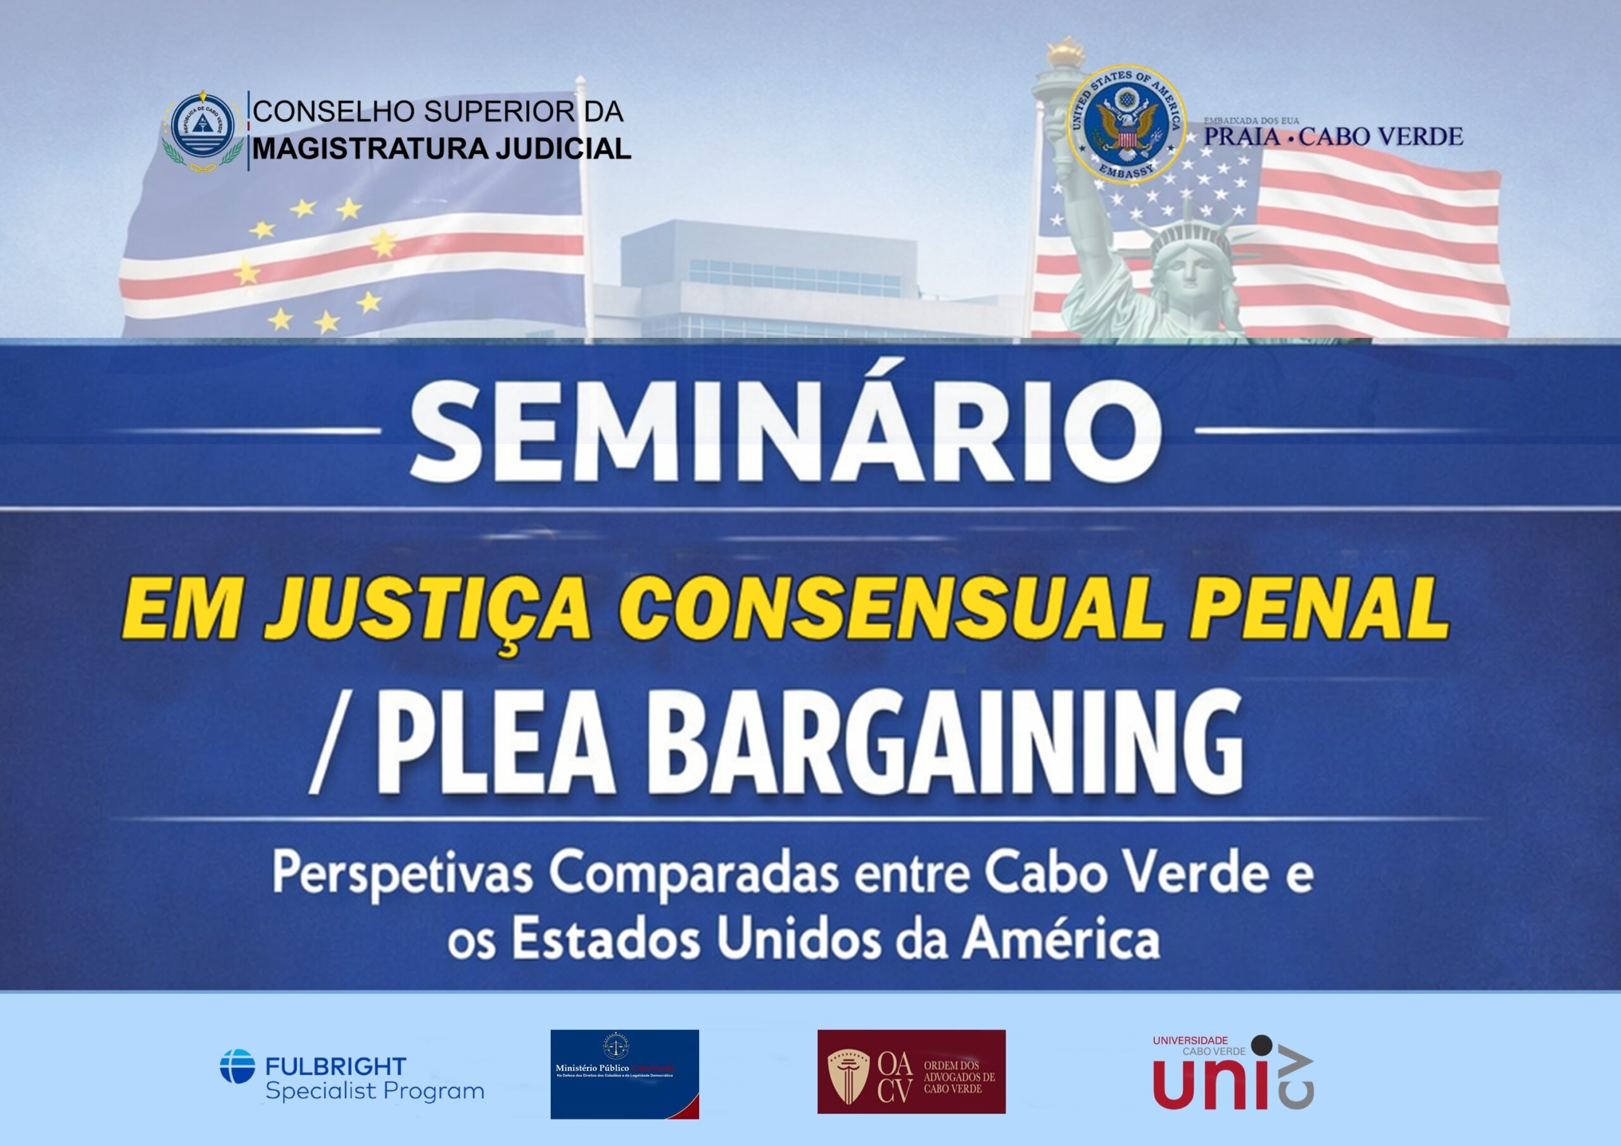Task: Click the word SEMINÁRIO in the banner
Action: (x=785, y=432)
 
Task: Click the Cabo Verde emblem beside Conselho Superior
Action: (x=203, y=130)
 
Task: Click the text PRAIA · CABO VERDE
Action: (x=1333, y=136)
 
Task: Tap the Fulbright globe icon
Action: (x=237, y=1066)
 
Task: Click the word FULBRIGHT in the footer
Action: (x=336, y=1066)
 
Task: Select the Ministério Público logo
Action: (x=624, y=1074)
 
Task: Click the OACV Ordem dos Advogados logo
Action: (x=911, y=1072)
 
